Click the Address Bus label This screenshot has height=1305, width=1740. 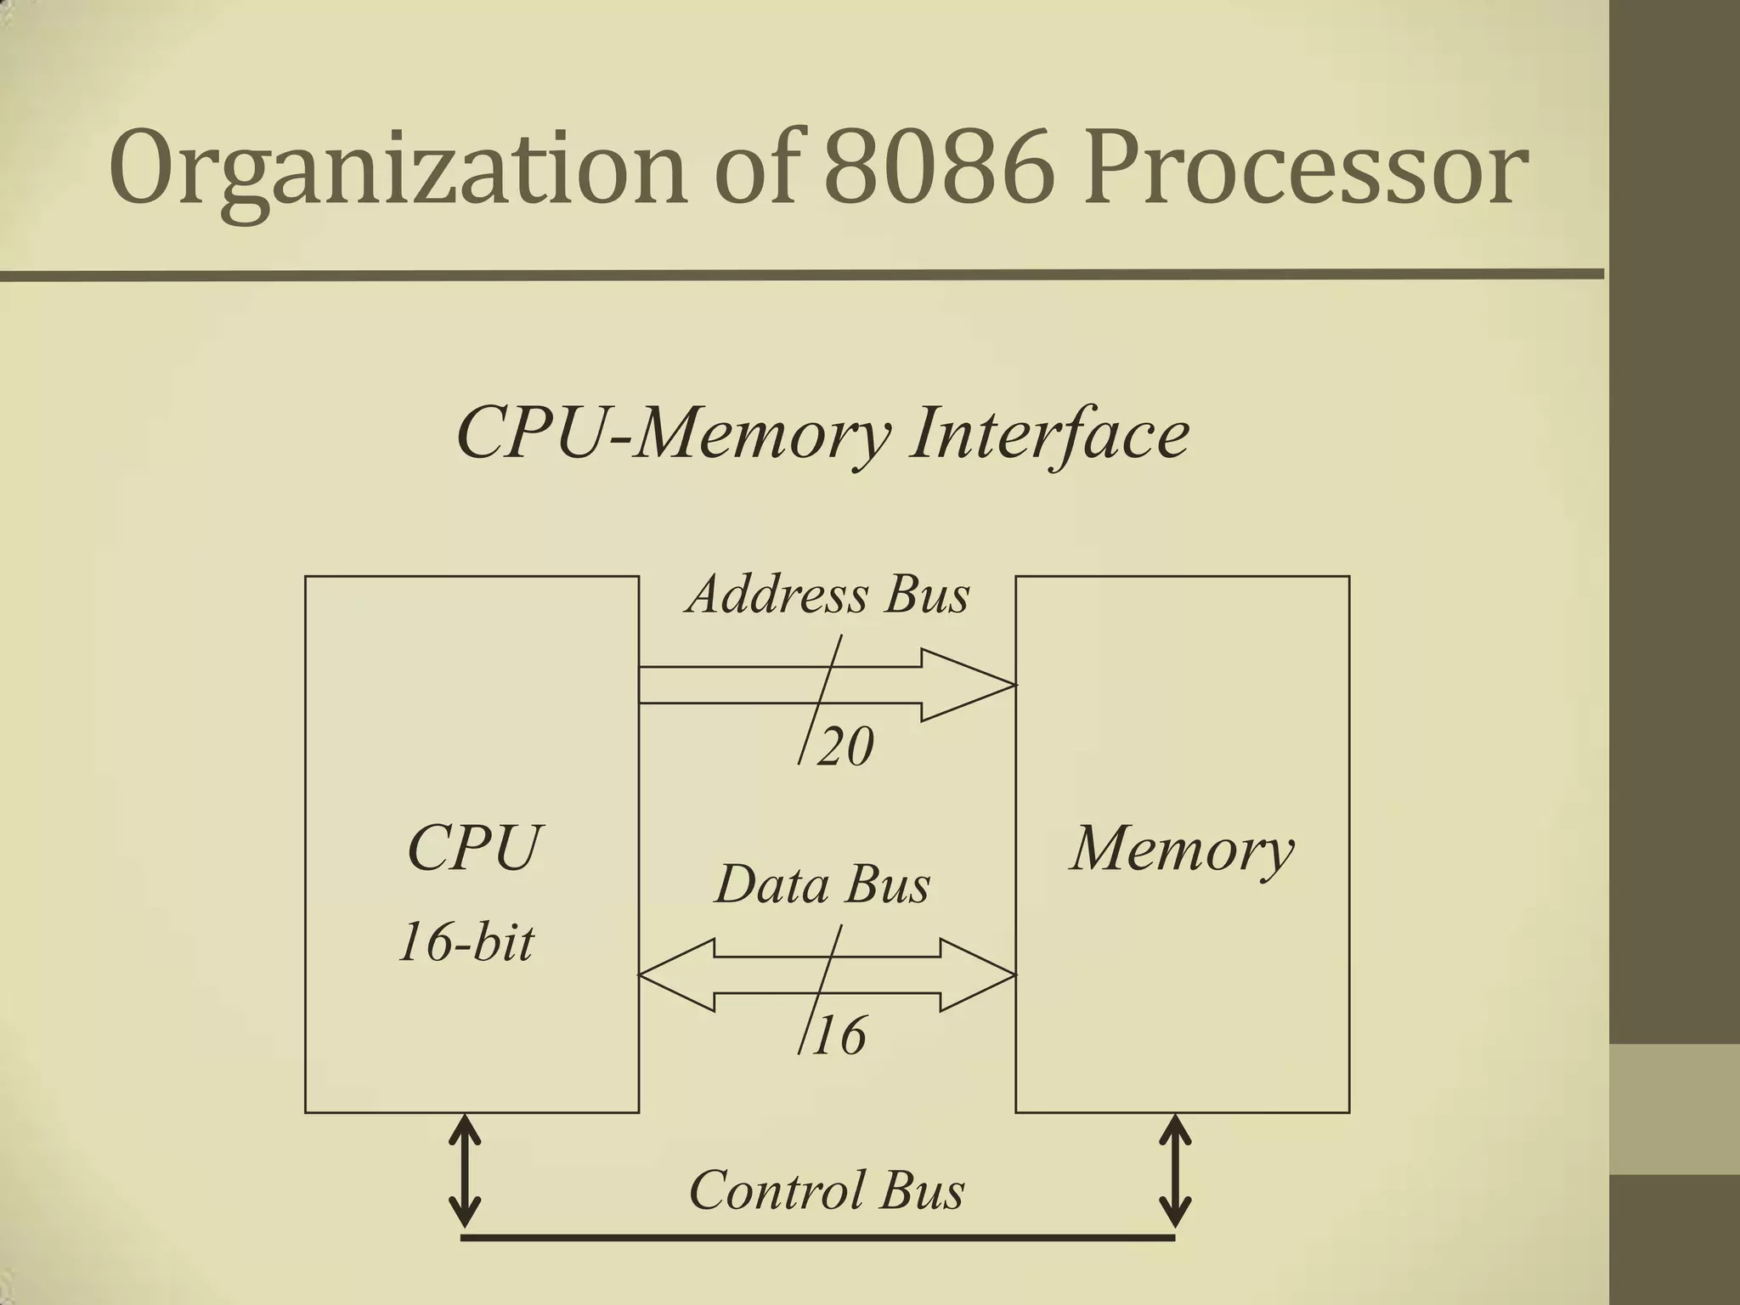coord(828,595)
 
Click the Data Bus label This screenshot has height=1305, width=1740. coord(822,884)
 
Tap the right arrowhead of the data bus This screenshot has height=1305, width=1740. coord(977,975)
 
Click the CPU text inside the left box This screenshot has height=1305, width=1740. coord(473,848)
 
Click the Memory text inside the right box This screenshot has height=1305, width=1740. coord(1182,848)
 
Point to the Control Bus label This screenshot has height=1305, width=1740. coord(827,1189)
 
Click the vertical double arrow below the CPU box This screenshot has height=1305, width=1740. coord(464,1171)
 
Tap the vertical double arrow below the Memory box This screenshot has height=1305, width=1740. coord(1175,1171)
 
